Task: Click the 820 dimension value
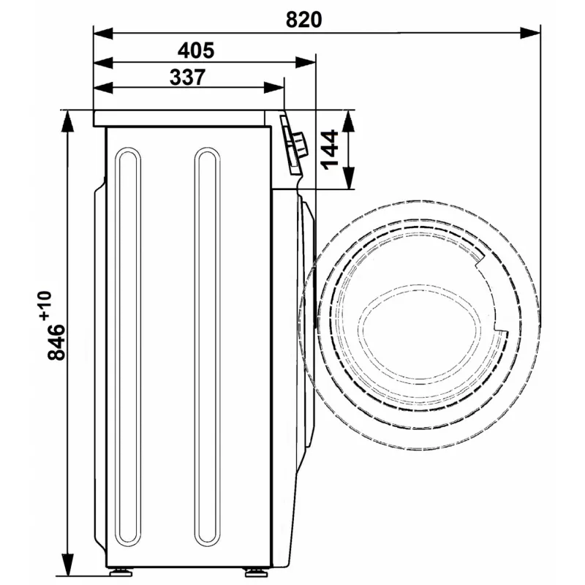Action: pyautogui.click(x=303, y=20)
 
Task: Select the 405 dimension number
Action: pyautogui.click(x=196, y=50)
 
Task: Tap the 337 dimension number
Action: pyautogui.click(x=187, y=78)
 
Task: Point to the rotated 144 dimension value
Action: pyautogui.click(x=330, y=150)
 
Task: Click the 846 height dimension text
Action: pyautogui.click(x=56, y=342)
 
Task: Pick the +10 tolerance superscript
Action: pyautogui.click(x=45, y=305)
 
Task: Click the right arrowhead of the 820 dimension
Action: pyautogui.click(x=529, y=33)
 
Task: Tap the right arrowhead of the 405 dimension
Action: pyautogui.click(x=306, y=62)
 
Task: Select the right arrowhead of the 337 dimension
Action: pyautogui.click(x=273, y=88)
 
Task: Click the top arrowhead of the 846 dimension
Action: pyautogui.click(x=67, y=121)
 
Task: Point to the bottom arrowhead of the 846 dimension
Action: pyautogui.click(x=67, y=565)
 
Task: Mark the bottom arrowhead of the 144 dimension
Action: pyautogui.click(x=348, y=178)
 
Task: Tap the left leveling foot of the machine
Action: pyautogui.click(x=121, y=572)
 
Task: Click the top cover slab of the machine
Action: pyautogui.click(x=179, y=118)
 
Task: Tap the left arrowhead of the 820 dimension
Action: pyautogui.click(x=103, y=33)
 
